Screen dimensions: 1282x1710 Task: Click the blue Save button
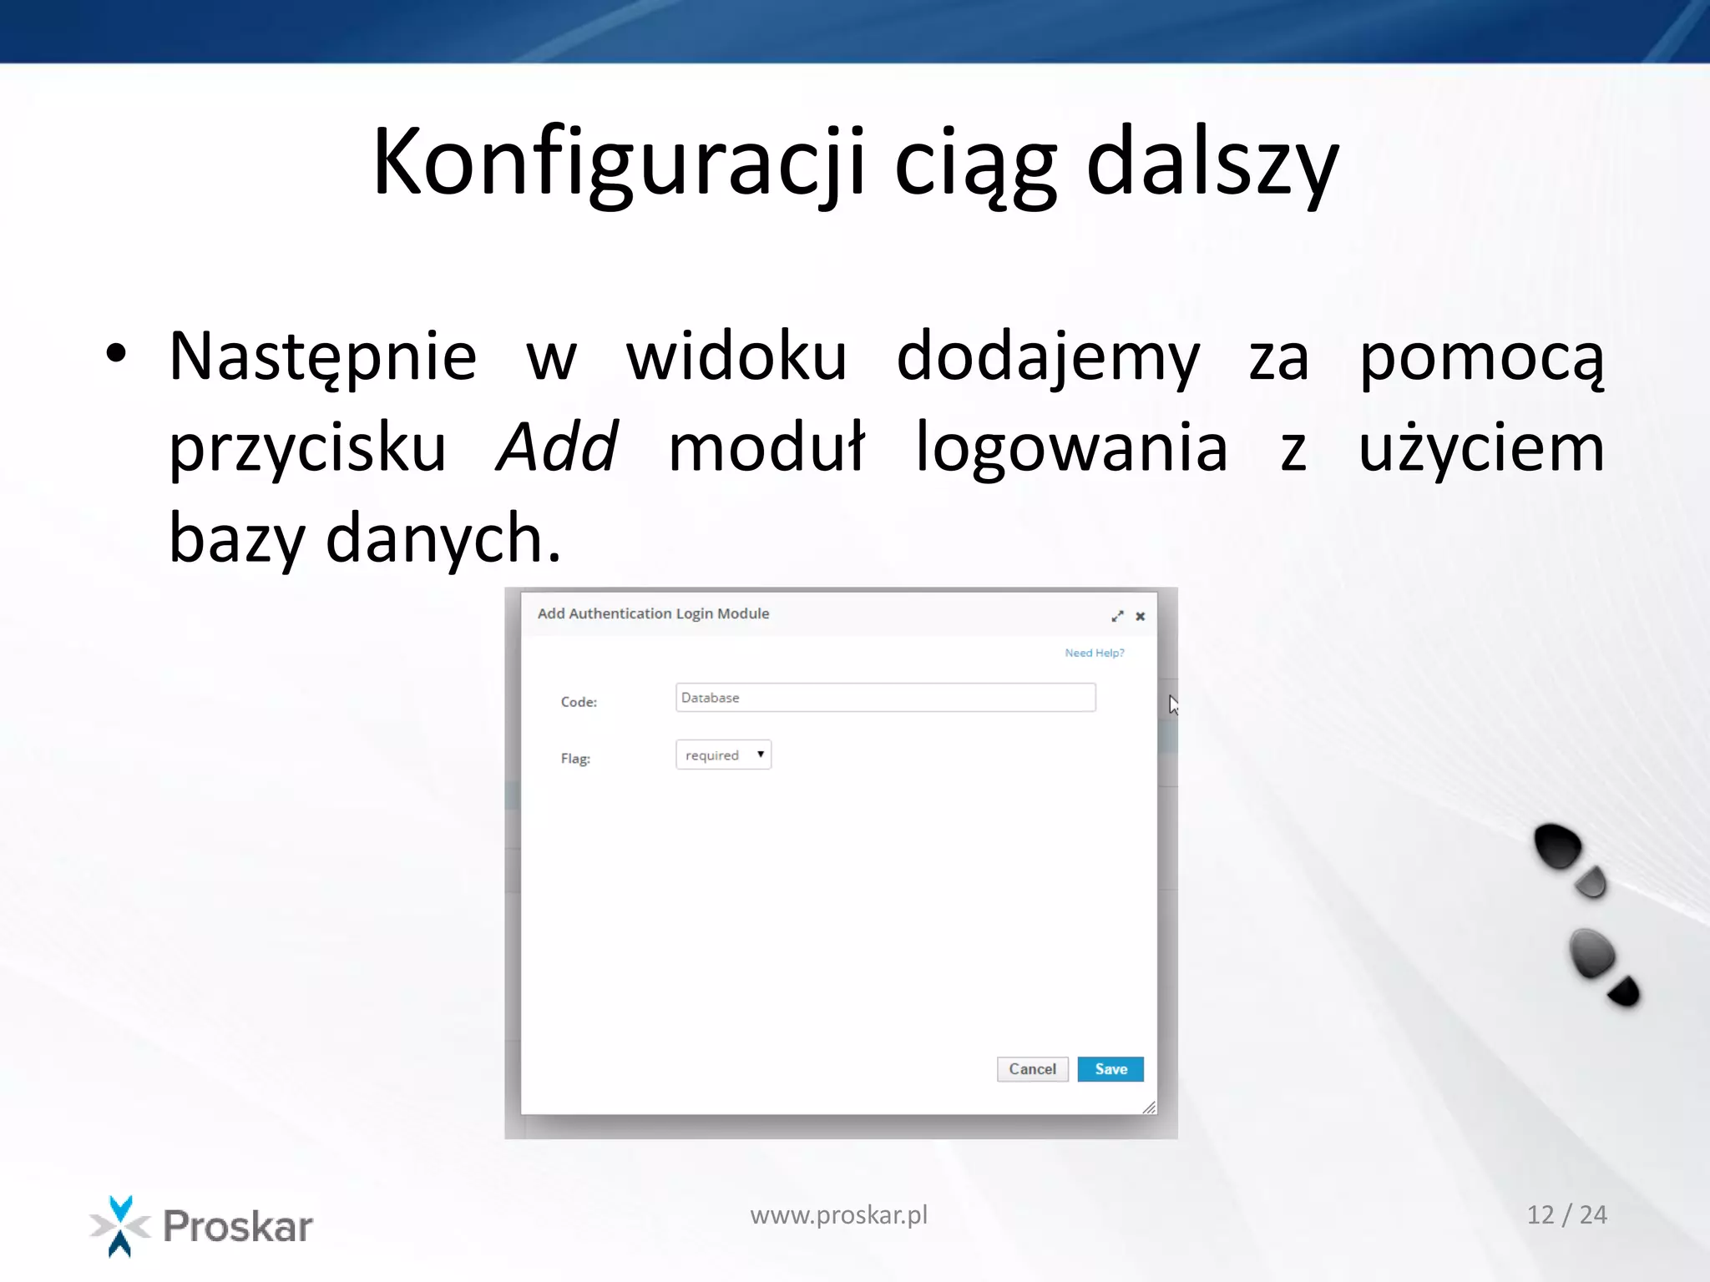tap(1110, 1069)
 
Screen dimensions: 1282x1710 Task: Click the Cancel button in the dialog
tap(1032, 1069)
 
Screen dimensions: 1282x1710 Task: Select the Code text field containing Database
tap(885, 698)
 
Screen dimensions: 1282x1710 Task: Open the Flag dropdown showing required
tap(723, 755)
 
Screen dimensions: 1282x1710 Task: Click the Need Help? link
tap(1094, 653)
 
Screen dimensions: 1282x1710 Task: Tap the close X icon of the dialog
tap(1140, 616)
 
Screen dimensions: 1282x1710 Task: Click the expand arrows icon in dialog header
tap(1117, 616)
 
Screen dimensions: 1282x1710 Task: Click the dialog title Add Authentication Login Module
tap(653, 613)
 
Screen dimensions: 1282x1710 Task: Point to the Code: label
tap(579, 702)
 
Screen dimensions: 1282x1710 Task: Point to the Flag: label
tap(575, 759)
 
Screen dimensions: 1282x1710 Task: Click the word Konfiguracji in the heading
tap(618, 163)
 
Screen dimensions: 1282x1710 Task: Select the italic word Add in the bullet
tap(557, 447)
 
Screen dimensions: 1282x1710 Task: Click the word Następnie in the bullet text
tap(322, 357)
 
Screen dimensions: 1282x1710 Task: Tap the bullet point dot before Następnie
tap(116, 354)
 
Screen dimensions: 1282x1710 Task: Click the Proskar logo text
tap(237, 1226)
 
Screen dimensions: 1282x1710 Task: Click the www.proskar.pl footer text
tap(838, 1215)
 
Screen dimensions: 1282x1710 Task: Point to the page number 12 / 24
tap(1566, 1214)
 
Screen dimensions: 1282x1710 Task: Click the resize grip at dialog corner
tap(1149, 1108)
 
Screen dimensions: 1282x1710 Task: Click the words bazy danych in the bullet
tap(364, 538)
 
